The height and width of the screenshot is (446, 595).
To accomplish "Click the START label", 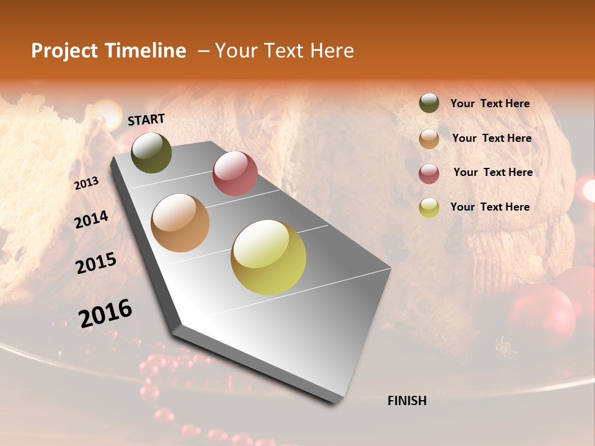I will tap(146, 120).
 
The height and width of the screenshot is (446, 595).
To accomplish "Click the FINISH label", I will tap(407, 401).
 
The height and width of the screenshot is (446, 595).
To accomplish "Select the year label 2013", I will tap(86, 183).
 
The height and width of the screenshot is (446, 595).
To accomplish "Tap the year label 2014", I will tap(91, 220).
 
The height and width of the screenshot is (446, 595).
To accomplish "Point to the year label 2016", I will tap(105, 313).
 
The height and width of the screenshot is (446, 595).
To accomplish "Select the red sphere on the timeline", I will tap(235, 173).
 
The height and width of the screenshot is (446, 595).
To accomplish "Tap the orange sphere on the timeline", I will tap(180, 223).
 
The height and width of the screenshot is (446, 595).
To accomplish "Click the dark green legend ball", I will tap(429, 103).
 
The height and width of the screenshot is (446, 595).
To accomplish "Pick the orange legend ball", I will tap(429, 139).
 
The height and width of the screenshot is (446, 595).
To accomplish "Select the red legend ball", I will tap(429, 173).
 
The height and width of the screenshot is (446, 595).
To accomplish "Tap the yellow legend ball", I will tap(429, 208).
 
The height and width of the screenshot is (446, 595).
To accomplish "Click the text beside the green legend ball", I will tap(490, 103).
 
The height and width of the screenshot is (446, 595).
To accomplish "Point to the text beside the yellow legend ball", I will tap(490, 207).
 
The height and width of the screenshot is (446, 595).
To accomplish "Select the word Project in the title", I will tap(65, 51).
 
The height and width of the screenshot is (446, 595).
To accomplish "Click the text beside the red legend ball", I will tap(493, 172).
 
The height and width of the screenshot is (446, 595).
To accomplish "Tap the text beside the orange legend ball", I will tap(491, 138).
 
